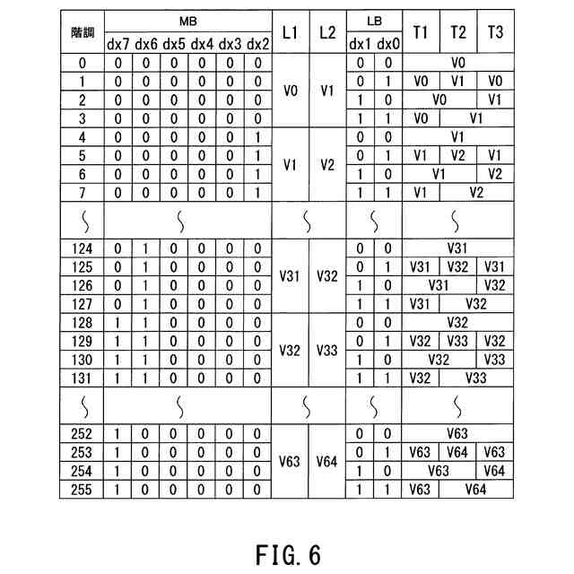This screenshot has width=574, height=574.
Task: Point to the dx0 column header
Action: click(387, 43)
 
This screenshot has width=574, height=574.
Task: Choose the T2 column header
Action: click(458, 32)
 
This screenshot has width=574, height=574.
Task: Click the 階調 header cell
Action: click(83, 31)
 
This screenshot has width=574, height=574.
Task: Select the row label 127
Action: click(83, 303)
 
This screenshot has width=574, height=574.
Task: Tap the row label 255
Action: click(83, 489)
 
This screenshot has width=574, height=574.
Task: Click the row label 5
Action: click(83, 154)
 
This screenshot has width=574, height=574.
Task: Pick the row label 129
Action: click(83, 341)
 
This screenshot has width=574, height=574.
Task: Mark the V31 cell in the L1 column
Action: click(289, 275)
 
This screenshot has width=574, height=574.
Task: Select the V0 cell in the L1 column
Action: click(289, 91)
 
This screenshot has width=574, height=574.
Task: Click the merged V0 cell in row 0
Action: click(457, 63)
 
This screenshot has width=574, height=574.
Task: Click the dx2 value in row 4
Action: click(257, 136)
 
